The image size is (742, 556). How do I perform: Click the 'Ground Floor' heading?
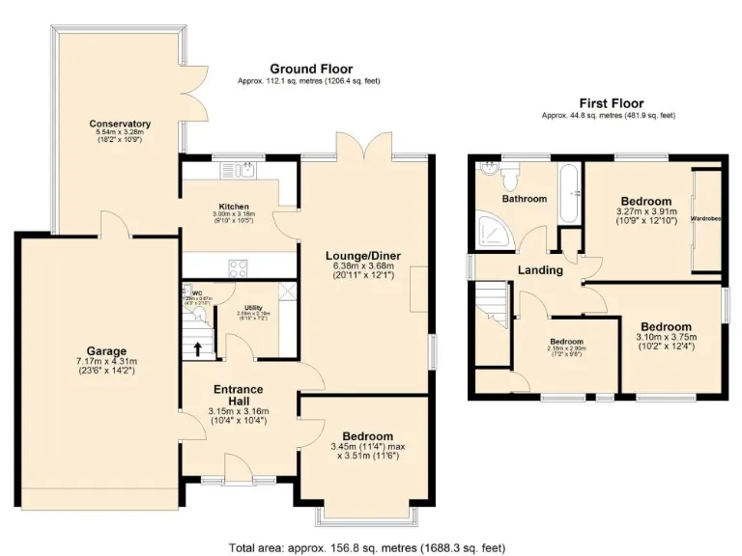tap(310, 69)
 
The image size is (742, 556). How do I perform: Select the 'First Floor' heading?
tap(611, 102)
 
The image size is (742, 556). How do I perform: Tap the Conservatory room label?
tap(120, 124)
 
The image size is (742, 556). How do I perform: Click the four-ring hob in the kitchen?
tap(236, 265)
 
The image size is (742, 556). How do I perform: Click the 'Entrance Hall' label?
tap(237, 396)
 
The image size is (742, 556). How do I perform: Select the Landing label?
tap(539, 270)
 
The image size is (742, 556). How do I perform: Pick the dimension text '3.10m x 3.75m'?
tap(664, 337)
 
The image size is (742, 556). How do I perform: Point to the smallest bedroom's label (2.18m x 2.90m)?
tap(566, 342)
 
